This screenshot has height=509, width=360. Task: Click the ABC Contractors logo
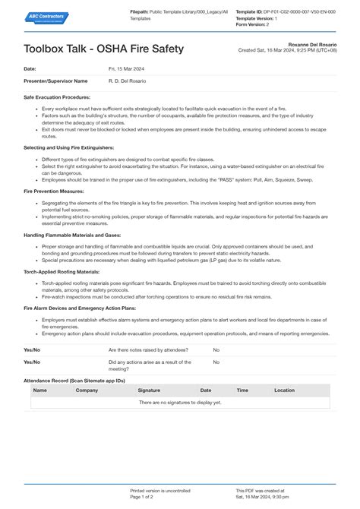pos(46,18)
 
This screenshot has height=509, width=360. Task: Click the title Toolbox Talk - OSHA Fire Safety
pos(104,49)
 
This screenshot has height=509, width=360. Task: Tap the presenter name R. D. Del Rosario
pos(127,81)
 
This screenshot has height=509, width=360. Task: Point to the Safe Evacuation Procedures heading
pos(58,97)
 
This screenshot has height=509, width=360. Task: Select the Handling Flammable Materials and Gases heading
pos(73,235)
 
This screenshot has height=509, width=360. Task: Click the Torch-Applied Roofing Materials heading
pos(62,270)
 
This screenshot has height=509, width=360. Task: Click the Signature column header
pos(149,390)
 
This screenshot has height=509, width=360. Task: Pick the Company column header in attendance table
pos(87,390)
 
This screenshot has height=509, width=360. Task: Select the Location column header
pos(284,390)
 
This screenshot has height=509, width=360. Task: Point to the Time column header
pos(242,390)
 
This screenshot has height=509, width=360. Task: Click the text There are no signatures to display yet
pos(180,403)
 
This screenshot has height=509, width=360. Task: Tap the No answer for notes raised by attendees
pos(216,349)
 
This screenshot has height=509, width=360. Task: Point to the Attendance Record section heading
pos(74,379)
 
